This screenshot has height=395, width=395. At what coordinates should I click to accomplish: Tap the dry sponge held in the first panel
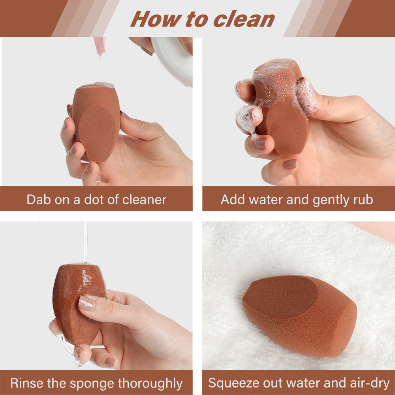[96, 122]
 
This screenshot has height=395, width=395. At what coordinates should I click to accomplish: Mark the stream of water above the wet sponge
[85, 241]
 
